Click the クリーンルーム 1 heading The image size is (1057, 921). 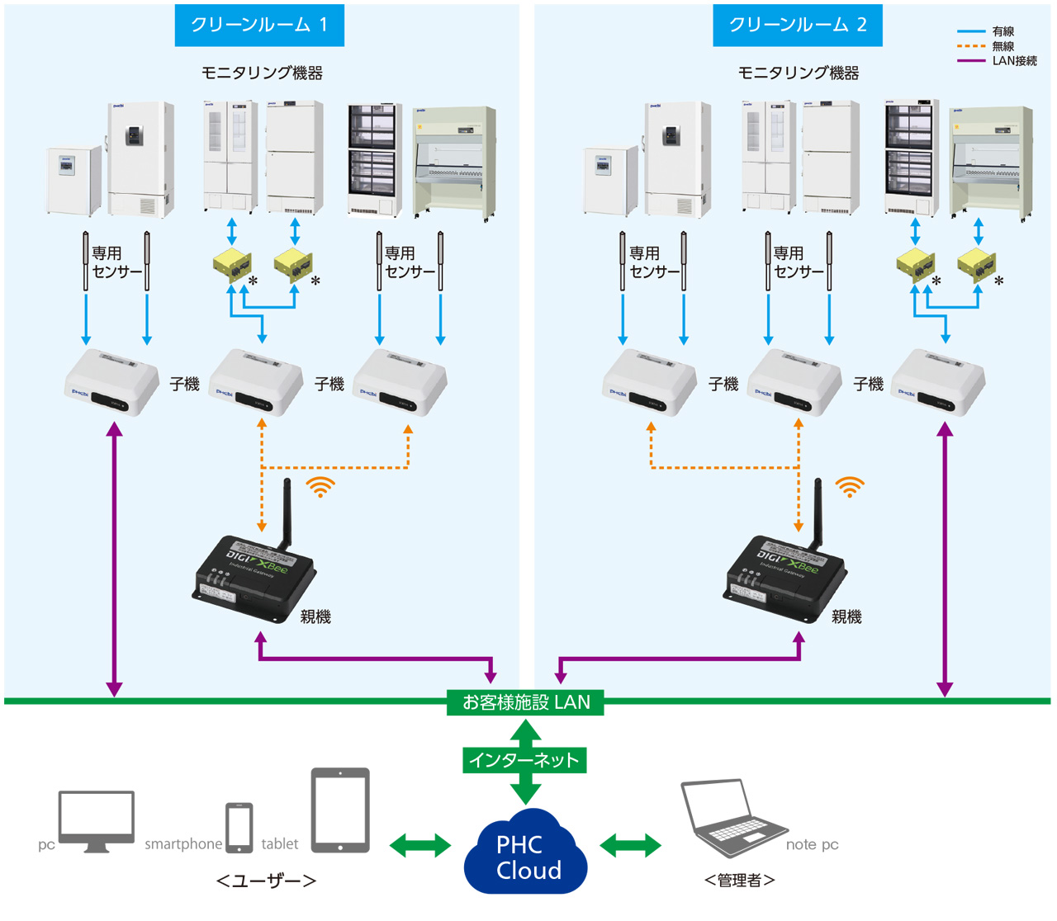259,25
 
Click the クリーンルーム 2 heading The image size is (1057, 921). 797,25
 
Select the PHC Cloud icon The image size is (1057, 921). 526,854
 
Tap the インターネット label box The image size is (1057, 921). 524,759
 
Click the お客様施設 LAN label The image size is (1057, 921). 526,702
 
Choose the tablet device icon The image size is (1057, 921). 340,810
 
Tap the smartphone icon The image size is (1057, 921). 239,828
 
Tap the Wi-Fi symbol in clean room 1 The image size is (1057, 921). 320,487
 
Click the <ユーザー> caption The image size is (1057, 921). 266,881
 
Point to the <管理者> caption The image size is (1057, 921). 739,881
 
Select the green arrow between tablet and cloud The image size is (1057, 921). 419,845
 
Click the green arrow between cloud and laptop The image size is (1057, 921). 630,845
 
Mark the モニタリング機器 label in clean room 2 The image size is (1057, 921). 798,73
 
